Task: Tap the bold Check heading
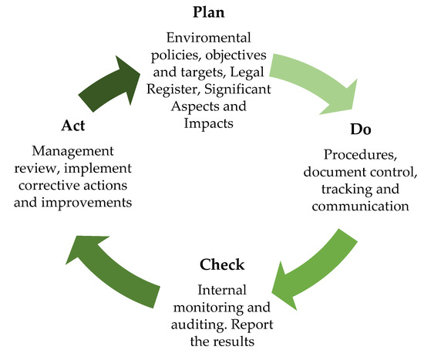pos(222,265)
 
